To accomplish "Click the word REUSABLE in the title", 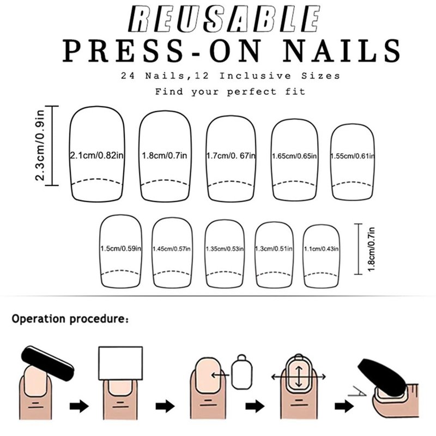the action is coord(224,19).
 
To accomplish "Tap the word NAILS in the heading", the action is coord(342,50).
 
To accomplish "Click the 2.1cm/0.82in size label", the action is coord(96,155).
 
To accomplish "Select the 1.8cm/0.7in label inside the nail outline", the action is coord(165,155).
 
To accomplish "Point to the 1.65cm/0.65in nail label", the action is coord(294,156).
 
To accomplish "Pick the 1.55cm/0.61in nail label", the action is coord(353,156).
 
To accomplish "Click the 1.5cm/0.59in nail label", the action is coord(120,249).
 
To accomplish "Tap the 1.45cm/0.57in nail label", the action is coord(172,249).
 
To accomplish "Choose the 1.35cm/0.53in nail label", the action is coord(225,249).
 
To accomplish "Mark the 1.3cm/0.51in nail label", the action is coord(274,249).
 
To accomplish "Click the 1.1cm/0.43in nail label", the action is coord(321,249).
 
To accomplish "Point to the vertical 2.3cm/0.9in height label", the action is coord(40,146).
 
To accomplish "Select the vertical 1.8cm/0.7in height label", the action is coord(371,249).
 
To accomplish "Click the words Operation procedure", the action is coord(70,319).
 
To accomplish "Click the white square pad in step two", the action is coord(120,363).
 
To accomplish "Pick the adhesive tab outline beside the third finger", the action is coord(241,372).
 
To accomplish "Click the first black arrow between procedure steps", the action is coord(79,406).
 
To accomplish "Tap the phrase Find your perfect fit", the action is coord(230,92).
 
